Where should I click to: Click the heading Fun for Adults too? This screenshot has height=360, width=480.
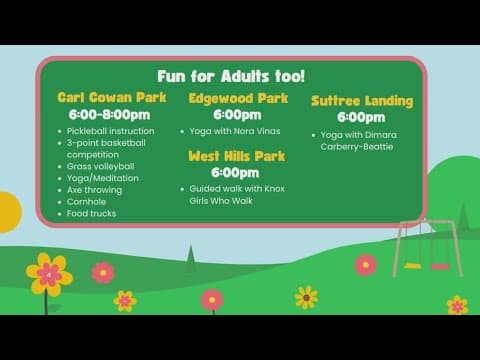click(x=231, y=76)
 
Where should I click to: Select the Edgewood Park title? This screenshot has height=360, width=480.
click(x=238, y=98)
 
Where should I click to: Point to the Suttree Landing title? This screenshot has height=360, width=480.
click(x=362, y=100)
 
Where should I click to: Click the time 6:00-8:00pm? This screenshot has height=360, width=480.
click(x=110, y=115)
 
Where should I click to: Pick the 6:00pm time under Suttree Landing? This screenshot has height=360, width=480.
click(x=361, y=117)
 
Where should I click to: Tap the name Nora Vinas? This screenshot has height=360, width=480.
click(x=258, y=132)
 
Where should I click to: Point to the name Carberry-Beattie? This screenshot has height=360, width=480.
click(x=358, y=147)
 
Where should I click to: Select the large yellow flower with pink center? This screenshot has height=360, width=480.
click(x=48, y=274)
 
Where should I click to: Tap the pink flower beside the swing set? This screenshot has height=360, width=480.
click(x=366, y=265)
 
